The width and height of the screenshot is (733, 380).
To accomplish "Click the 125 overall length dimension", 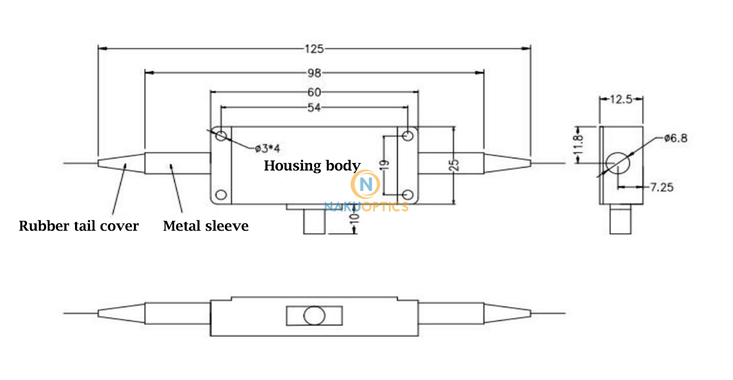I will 314,49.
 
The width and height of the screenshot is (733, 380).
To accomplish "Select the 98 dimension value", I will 314,73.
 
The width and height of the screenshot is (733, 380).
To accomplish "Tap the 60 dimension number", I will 314,92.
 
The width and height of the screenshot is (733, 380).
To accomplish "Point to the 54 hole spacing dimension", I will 314,108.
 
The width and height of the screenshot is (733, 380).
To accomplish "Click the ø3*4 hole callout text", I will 267,149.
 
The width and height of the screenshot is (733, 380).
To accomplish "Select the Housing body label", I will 312,166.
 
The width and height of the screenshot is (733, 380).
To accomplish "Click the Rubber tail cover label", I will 78,226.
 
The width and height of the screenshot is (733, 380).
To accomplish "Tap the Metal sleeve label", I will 206,226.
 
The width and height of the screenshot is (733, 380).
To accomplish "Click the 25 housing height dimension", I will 454,165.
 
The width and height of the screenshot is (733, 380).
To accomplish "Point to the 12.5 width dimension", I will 621,100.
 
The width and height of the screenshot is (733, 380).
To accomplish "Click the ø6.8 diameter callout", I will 676,138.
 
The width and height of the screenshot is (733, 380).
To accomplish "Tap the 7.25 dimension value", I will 662,187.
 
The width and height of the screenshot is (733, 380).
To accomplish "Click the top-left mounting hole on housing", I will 221,136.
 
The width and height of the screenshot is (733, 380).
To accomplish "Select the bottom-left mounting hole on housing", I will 221,195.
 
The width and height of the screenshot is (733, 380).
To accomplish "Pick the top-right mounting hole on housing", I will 408,136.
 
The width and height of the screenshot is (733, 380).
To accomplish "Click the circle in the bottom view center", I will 314,316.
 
